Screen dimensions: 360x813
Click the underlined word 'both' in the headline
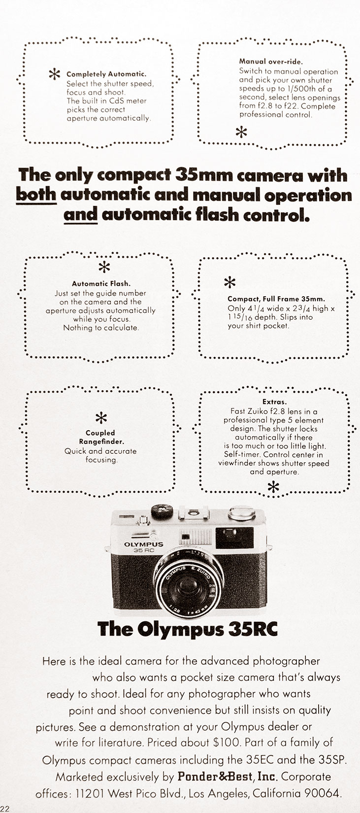[36, 195]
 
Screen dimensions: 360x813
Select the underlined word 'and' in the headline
[80, 215]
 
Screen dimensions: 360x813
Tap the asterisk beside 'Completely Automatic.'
[55, 74]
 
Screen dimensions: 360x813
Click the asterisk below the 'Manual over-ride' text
[241, 132]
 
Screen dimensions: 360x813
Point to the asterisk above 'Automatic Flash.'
[104, 267]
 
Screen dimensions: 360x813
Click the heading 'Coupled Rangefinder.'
[100, 438]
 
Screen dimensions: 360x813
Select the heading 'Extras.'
[274, 402]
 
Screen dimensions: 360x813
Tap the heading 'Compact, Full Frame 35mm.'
[276, 300]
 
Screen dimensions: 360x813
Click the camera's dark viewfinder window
[234, 537]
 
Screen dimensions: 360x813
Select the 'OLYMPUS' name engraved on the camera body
[144, 544]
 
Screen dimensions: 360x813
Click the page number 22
[5, 809]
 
